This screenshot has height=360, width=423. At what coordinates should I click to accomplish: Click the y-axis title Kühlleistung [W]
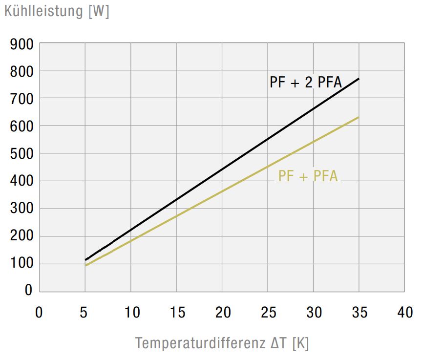tap(57, 11)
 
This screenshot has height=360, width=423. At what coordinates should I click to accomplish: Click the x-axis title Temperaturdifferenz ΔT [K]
tap(222, 343)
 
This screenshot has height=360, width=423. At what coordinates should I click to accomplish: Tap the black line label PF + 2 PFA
tap(305, 82)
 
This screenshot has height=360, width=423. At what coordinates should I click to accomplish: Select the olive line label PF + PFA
tap(308, 176)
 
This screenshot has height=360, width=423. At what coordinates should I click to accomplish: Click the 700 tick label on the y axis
tap(22, 99)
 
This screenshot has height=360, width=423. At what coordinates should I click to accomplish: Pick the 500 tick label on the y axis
tap(22, 154)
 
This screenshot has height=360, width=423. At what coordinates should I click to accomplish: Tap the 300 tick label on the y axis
tap(22, 209)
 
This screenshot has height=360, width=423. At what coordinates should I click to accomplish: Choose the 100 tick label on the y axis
tap(22, 264)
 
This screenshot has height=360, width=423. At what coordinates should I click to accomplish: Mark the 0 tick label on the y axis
tap(28, 290)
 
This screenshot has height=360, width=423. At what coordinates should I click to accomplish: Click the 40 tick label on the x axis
tap(405, 313)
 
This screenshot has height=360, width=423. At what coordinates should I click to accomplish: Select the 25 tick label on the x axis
tap(268, 313)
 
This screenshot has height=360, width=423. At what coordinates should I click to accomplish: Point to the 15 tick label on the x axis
tap(176, 313)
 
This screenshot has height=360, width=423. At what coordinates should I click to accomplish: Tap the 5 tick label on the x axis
tap(85, 313)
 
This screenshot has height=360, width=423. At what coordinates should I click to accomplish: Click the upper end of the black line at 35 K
tap(359, 79)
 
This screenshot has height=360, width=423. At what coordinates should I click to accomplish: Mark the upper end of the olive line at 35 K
tap(359, 117)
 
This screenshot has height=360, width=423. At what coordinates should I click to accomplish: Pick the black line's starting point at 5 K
tap(86, 259)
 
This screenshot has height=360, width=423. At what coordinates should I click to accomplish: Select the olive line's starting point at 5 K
tap(86, 265)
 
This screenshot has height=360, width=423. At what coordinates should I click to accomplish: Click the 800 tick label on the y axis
tap(22, 71)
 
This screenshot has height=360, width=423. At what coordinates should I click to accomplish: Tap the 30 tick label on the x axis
tap(314, 313)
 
